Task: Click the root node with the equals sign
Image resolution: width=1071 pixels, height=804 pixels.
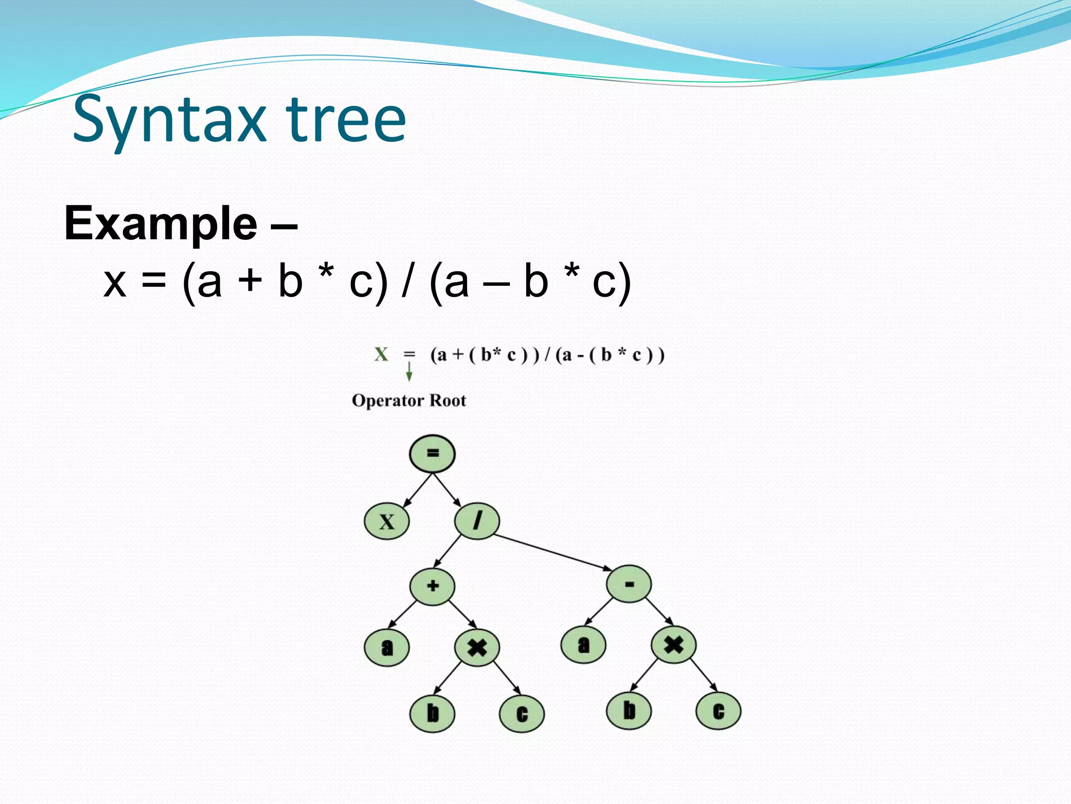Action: click(432, 453)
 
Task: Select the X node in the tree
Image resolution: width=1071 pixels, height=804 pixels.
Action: click(386, 521)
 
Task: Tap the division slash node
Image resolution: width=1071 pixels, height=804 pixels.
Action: click(477, 521)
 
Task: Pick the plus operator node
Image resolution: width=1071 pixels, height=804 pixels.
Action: click(432, 586)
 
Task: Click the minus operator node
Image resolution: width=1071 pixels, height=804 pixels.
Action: click(629, 584)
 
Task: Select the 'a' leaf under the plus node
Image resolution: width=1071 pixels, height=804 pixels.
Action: click(386, 647)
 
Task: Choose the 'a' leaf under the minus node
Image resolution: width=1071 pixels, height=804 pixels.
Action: click(583, 645)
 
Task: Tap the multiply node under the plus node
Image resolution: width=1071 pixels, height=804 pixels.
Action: click(477, 647)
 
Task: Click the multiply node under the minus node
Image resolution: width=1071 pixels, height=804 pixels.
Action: click(674, 645)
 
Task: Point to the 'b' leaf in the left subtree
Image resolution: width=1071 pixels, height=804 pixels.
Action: click(432, 713)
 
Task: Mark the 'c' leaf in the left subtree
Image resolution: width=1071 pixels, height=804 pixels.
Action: click(522, 714)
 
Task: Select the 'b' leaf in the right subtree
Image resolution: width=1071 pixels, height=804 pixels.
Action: click(629, 711)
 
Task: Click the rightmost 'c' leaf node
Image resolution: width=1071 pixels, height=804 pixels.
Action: click(719, 711)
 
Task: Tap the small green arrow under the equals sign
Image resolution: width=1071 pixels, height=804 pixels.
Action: click(409, 372)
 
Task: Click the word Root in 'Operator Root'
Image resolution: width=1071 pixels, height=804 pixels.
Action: click(447, 400)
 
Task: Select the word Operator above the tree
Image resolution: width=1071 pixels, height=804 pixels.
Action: click(388, 400)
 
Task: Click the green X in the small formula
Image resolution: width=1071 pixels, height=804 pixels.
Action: click(381, 354)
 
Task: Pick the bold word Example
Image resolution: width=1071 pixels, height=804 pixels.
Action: click(161, 224)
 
